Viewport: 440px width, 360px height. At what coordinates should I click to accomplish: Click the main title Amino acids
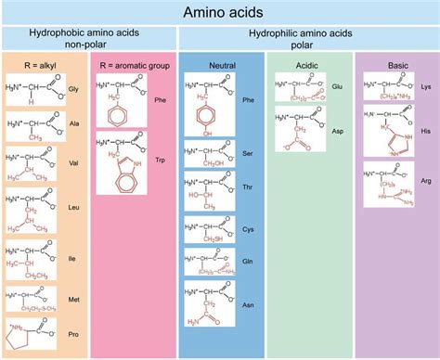(x=220, y=13)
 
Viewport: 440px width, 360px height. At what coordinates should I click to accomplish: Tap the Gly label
(x=73, y=89)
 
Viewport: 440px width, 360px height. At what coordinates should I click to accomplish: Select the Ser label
(x=248, y=150)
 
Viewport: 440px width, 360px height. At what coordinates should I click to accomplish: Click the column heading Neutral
(x=221, y=68)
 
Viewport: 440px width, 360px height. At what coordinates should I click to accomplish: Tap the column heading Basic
(x=396, y=68)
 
